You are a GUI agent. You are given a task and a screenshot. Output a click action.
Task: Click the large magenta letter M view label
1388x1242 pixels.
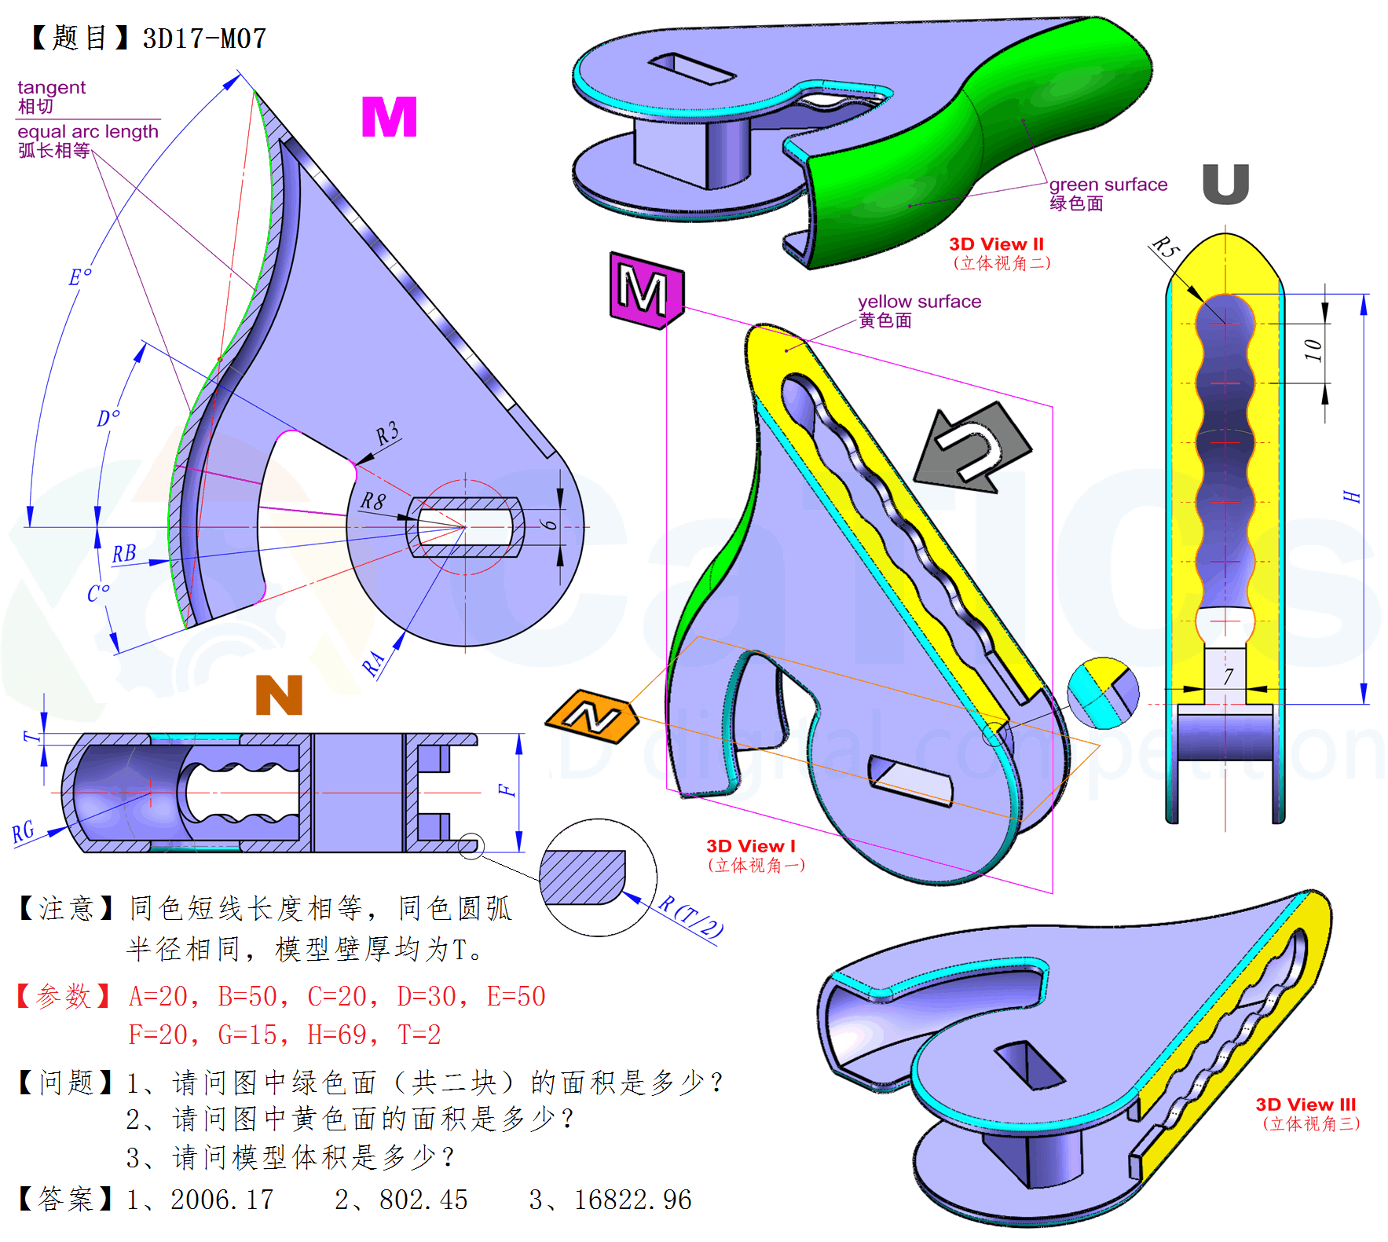coord(389,118)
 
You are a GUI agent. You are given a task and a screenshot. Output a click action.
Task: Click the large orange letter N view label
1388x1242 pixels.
coord(279,695)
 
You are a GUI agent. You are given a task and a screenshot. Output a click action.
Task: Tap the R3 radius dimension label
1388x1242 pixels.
coord(387,434)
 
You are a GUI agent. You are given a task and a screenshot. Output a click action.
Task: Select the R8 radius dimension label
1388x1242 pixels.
coord(373,501)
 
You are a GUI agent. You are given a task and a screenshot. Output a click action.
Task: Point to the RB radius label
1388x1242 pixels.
coord(124,554)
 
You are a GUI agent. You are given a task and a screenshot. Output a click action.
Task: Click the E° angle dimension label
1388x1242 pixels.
coord(80,277)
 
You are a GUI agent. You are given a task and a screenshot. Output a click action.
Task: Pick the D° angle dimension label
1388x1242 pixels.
coord(108,418)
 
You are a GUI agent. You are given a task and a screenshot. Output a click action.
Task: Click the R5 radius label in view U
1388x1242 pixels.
coord(1166,247)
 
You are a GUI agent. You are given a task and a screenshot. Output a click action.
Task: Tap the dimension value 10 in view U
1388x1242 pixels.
coord(1313,350)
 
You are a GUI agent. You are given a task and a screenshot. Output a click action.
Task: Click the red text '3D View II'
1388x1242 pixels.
coord(996,244)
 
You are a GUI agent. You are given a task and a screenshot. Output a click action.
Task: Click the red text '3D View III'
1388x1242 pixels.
coord(1306,1105)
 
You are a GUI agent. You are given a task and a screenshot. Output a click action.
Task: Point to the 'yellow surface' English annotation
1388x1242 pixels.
coord(919,302)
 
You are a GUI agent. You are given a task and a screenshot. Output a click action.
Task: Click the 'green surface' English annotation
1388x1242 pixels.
coord(1108,185)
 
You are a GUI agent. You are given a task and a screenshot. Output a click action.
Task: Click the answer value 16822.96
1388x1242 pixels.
coord(632,1200)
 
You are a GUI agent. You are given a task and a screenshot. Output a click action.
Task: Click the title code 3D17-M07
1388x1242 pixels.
coord(204,38)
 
